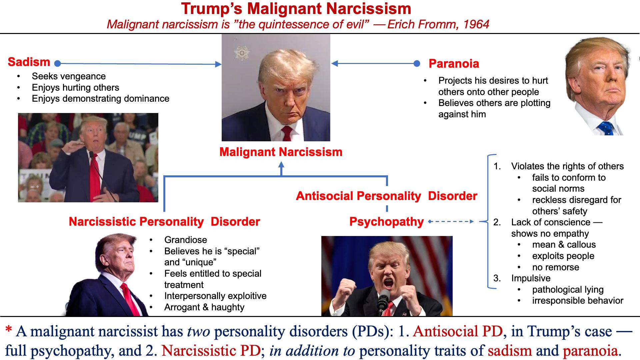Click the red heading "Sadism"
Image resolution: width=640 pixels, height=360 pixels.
(29, 62)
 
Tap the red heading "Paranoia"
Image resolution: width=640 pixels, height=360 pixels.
(454, 64)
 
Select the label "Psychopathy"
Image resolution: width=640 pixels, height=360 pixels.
(387, 222)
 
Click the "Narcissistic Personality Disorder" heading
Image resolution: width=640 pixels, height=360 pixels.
(164, 222)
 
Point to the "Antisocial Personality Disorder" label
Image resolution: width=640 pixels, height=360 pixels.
(387, 196)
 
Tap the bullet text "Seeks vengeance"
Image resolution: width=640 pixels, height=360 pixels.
(69, 76)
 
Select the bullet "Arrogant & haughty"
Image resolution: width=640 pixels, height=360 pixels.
(204, 307)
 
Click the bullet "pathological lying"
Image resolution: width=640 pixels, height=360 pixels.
(568, 290)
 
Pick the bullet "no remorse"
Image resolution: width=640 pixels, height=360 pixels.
(556, 267)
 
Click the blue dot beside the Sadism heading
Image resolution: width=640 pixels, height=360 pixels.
(57, 63)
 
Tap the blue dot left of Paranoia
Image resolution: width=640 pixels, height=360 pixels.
(417, 63)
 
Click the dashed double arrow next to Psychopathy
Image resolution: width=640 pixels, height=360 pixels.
(451, 221)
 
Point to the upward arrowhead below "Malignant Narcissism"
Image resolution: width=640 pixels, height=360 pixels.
(281, 164)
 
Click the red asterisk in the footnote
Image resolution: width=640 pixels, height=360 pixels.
(9, 331)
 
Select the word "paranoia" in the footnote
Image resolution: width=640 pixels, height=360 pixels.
(590, 351)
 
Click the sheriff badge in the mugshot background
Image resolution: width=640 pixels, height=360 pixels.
(242, 52)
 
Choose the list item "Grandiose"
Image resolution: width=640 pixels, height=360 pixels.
(186, 240)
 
